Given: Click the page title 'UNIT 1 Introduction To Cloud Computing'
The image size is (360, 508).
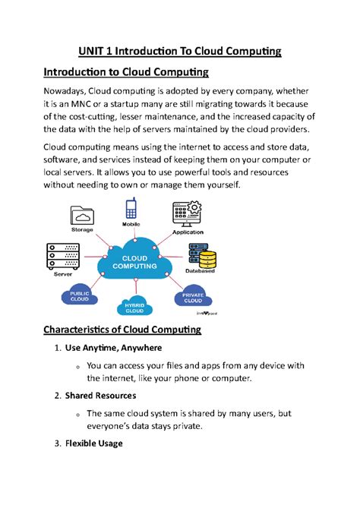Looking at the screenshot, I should (x=180, y=51).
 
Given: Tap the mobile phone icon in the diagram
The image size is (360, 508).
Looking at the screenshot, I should (x=131, y=209).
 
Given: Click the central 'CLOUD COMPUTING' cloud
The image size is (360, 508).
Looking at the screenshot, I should (x=135, y=262).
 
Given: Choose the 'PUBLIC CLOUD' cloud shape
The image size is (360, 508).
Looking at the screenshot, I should (x=80, y=296).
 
